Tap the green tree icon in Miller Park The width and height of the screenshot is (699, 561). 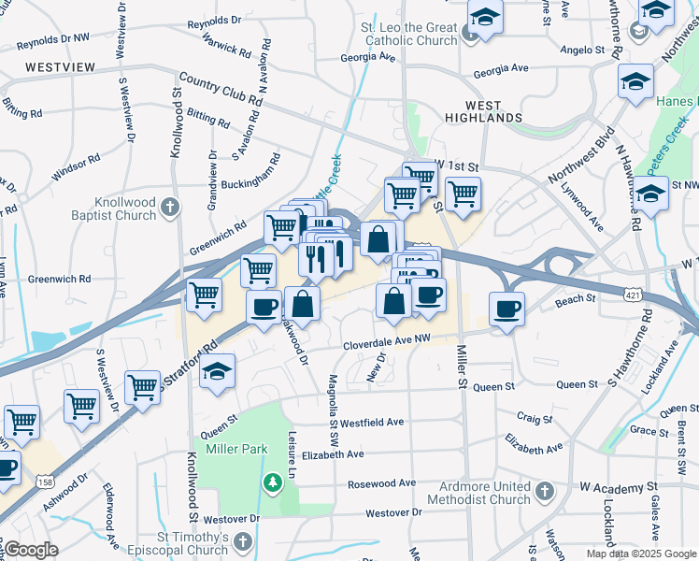272,482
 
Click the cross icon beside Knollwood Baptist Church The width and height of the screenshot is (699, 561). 169,206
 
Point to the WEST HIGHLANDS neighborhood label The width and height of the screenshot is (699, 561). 483,112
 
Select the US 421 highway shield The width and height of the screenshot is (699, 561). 634,295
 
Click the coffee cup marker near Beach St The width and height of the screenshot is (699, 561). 506,309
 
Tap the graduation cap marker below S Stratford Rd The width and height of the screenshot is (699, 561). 217,371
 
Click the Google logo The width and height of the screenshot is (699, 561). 31,550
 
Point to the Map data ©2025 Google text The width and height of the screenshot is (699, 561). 640,554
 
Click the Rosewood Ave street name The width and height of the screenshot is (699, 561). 381,483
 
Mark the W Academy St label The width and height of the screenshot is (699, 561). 618,488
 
